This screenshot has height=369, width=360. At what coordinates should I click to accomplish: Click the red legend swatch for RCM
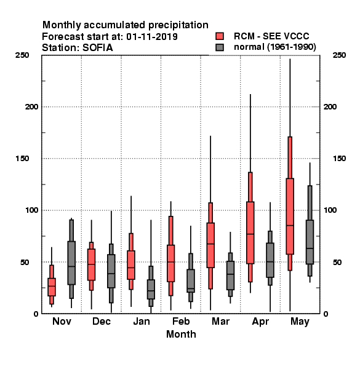(x=220, y=36)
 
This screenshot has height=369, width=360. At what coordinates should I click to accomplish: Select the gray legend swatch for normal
(x=220, y=47)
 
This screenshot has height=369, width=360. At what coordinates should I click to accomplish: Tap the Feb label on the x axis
(x=181, y=321)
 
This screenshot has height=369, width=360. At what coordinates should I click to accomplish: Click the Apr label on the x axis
(x=260, y=322)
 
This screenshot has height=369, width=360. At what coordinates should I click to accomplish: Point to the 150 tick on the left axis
(x=22, y=159)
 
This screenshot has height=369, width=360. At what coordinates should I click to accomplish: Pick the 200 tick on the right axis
(x=330, y=106)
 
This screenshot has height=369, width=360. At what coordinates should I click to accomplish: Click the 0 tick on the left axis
(x=36, y=314)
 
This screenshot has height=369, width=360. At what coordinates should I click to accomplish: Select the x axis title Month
(x=181, y=334)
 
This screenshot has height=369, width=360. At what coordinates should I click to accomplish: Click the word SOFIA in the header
(x=97, y=48)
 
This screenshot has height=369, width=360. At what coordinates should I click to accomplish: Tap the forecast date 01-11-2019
(x=152, y=36)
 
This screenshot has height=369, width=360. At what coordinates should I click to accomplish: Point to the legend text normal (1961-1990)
(x=274, y=47)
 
